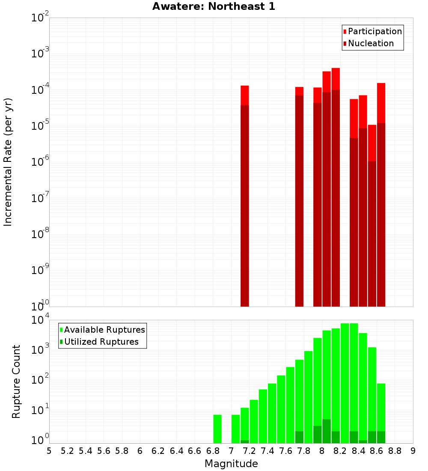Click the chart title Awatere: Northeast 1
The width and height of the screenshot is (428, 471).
214,6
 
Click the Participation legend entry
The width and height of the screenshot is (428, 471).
374,31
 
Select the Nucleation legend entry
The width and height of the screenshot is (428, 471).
370,43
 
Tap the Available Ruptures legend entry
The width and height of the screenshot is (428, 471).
104,330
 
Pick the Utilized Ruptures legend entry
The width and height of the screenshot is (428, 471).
101,342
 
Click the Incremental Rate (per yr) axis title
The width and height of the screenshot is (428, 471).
8,162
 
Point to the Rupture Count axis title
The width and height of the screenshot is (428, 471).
16,381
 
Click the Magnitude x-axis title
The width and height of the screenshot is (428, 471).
231,464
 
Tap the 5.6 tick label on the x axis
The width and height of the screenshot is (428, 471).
104,451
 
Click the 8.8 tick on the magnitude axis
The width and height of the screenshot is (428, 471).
395,451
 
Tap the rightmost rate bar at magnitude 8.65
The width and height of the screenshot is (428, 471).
381,193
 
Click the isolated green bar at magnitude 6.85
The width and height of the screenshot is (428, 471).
217,428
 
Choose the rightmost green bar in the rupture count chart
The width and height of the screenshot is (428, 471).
381,411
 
